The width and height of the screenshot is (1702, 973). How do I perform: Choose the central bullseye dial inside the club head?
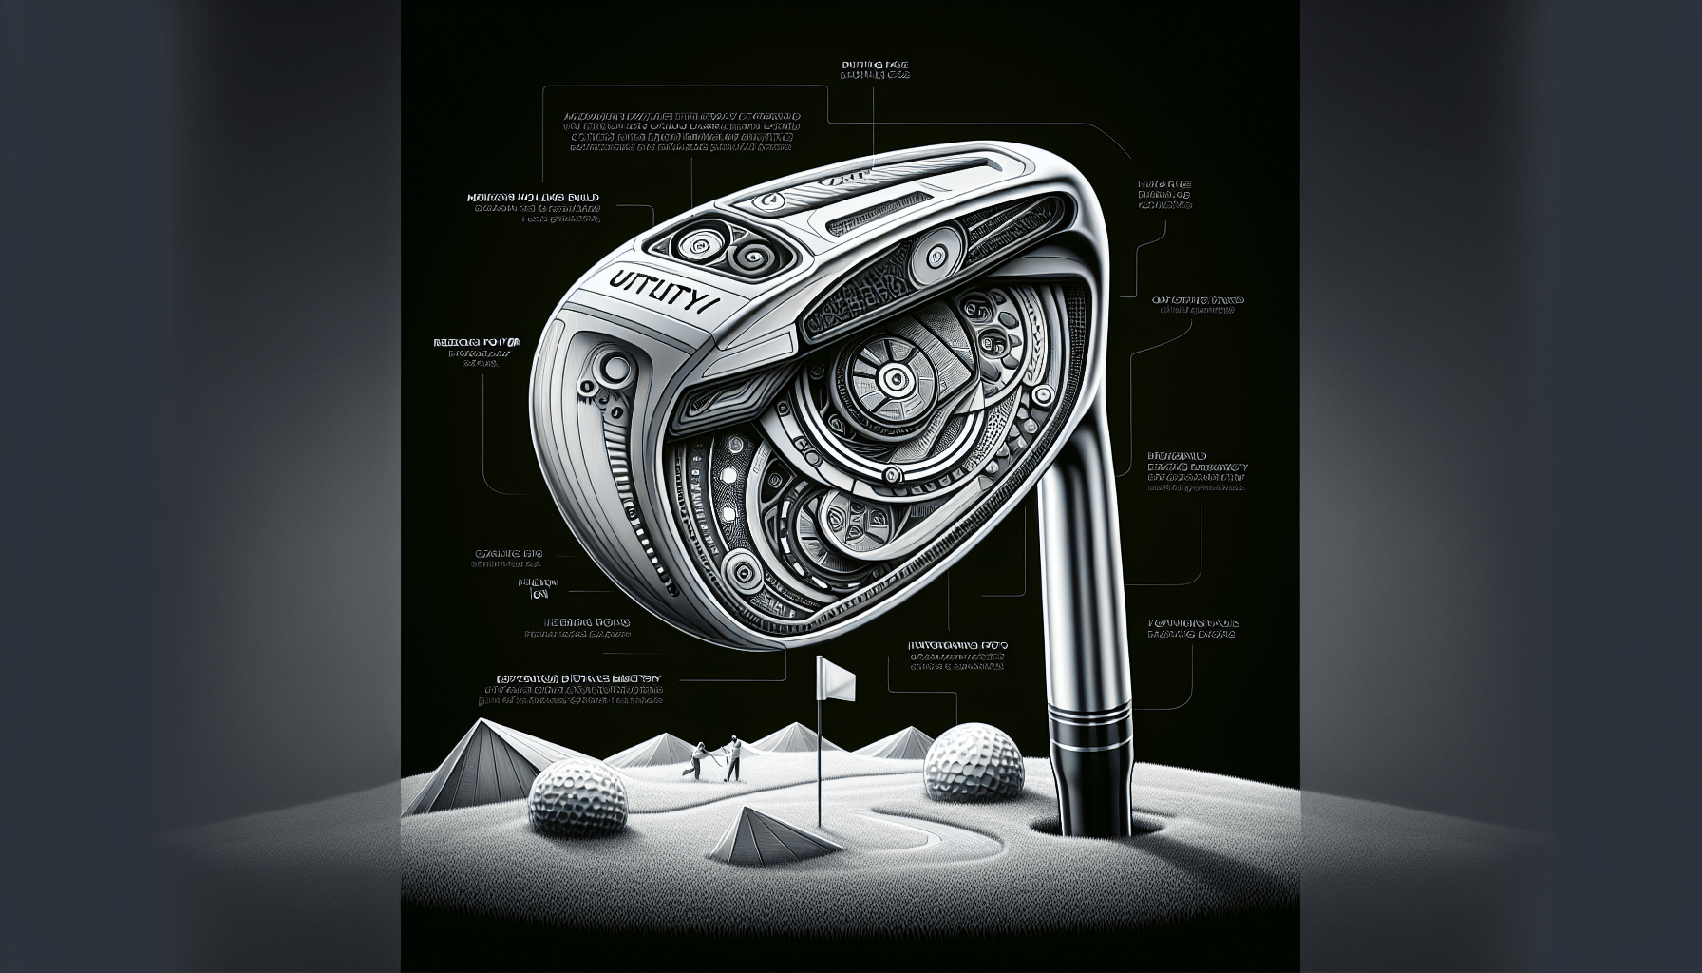894,380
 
